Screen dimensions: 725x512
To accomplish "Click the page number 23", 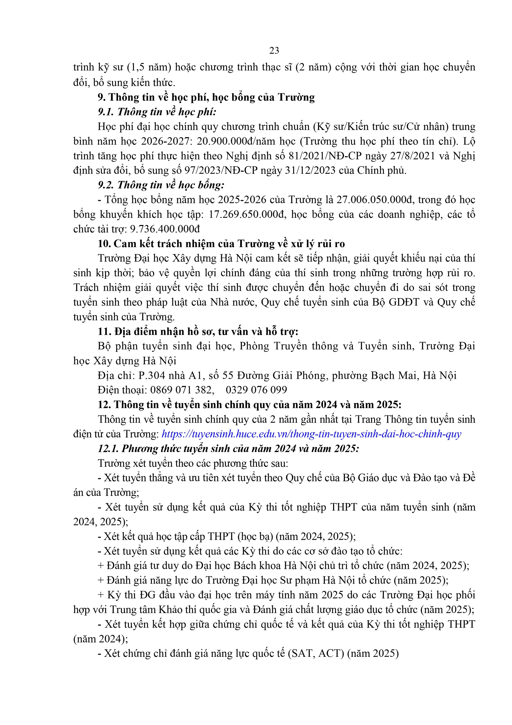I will point(274,50).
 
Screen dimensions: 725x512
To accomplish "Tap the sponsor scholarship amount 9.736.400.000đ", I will point(165,229).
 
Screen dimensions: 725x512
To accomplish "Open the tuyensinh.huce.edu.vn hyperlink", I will point(311,434).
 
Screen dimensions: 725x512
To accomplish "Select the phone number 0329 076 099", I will point(256,390).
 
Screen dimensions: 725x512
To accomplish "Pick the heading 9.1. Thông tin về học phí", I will point(157,112).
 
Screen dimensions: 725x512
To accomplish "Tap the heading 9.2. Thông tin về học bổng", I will point(161,185).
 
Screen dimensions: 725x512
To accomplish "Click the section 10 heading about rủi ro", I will point(221,244).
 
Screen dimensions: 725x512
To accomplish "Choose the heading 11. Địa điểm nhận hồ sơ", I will point(198,332).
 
